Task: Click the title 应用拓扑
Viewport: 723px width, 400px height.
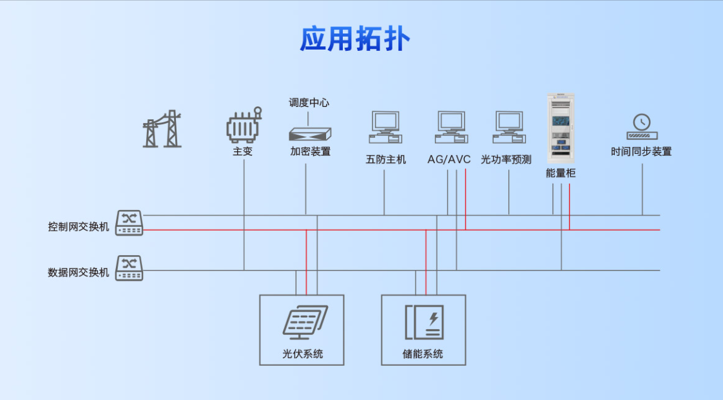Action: [355, 40]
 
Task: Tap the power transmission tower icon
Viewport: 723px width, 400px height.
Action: [161, 129]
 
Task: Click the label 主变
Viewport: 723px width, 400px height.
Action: [243, 152]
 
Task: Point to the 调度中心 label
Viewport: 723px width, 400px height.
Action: [309, 102]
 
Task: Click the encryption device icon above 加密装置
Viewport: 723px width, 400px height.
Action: [310, 133]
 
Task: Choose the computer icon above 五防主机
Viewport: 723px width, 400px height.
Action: [385, 127]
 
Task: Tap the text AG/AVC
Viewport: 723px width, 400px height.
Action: [449, 159]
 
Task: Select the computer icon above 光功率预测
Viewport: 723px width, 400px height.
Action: [509, 127]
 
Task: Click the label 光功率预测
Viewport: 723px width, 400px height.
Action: [506, 159]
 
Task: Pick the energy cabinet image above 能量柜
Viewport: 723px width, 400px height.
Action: [560, 129]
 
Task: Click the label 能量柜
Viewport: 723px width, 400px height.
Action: [560, 173]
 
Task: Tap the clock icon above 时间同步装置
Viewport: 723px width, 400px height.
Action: [642, 127]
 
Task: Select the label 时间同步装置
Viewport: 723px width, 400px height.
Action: [641, 152]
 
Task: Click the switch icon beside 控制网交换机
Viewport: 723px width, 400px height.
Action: [129, 223]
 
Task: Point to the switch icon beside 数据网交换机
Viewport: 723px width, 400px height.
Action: [129, 268]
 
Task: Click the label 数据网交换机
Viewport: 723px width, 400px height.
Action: [79, 272]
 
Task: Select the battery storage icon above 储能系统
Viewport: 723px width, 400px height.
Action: [424, 322]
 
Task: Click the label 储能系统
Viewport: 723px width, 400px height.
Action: [423, 354]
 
